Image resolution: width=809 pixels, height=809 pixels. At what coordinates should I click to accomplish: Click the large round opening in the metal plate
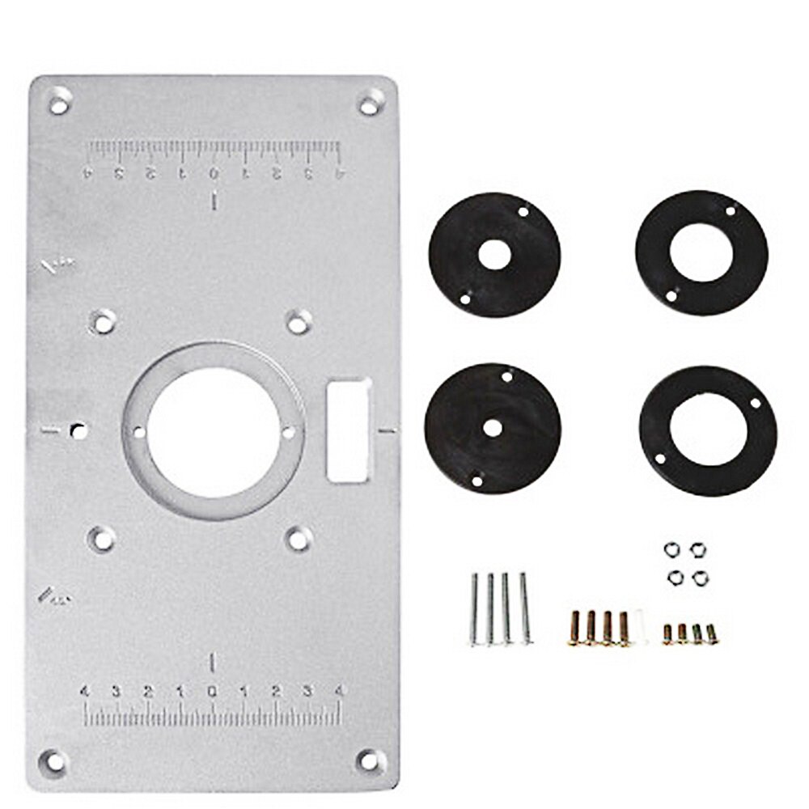point(214,430)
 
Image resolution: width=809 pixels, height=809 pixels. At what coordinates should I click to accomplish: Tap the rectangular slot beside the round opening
point(349,430)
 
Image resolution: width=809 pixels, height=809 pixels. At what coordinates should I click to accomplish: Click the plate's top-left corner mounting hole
point(59,103)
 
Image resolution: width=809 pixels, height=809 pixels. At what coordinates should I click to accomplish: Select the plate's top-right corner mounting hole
point(369,104)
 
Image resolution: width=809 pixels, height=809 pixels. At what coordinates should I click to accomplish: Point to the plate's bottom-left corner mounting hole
point(55,760)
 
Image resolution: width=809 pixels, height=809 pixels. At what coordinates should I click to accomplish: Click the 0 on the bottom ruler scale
point(212,691)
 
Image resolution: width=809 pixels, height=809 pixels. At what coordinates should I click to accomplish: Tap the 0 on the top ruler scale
point(214,172)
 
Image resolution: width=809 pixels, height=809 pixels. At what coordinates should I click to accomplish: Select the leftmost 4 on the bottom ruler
point(84,691)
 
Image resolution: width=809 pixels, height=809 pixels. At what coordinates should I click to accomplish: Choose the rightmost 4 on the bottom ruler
point(340,691)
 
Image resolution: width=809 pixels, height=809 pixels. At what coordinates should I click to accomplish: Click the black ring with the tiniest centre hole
point(492,429)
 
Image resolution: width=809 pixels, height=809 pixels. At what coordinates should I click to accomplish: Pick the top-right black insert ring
point(701,252)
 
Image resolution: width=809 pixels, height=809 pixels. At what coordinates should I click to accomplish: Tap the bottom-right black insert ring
point(708,430)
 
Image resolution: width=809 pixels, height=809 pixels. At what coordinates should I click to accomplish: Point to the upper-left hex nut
point(671,549)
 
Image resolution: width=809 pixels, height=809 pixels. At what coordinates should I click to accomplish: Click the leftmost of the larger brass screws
point(575,628)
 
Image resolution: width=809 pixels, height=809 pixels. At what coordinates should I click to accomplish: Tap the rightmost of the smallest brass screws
point(712,633)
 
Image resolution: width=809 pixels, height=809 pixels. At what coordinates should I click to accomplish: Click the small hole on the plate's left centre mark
point(78,430)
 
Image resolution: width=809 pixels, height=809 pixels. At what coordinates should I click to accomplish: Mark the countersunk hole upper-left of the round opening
point(102,322)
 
